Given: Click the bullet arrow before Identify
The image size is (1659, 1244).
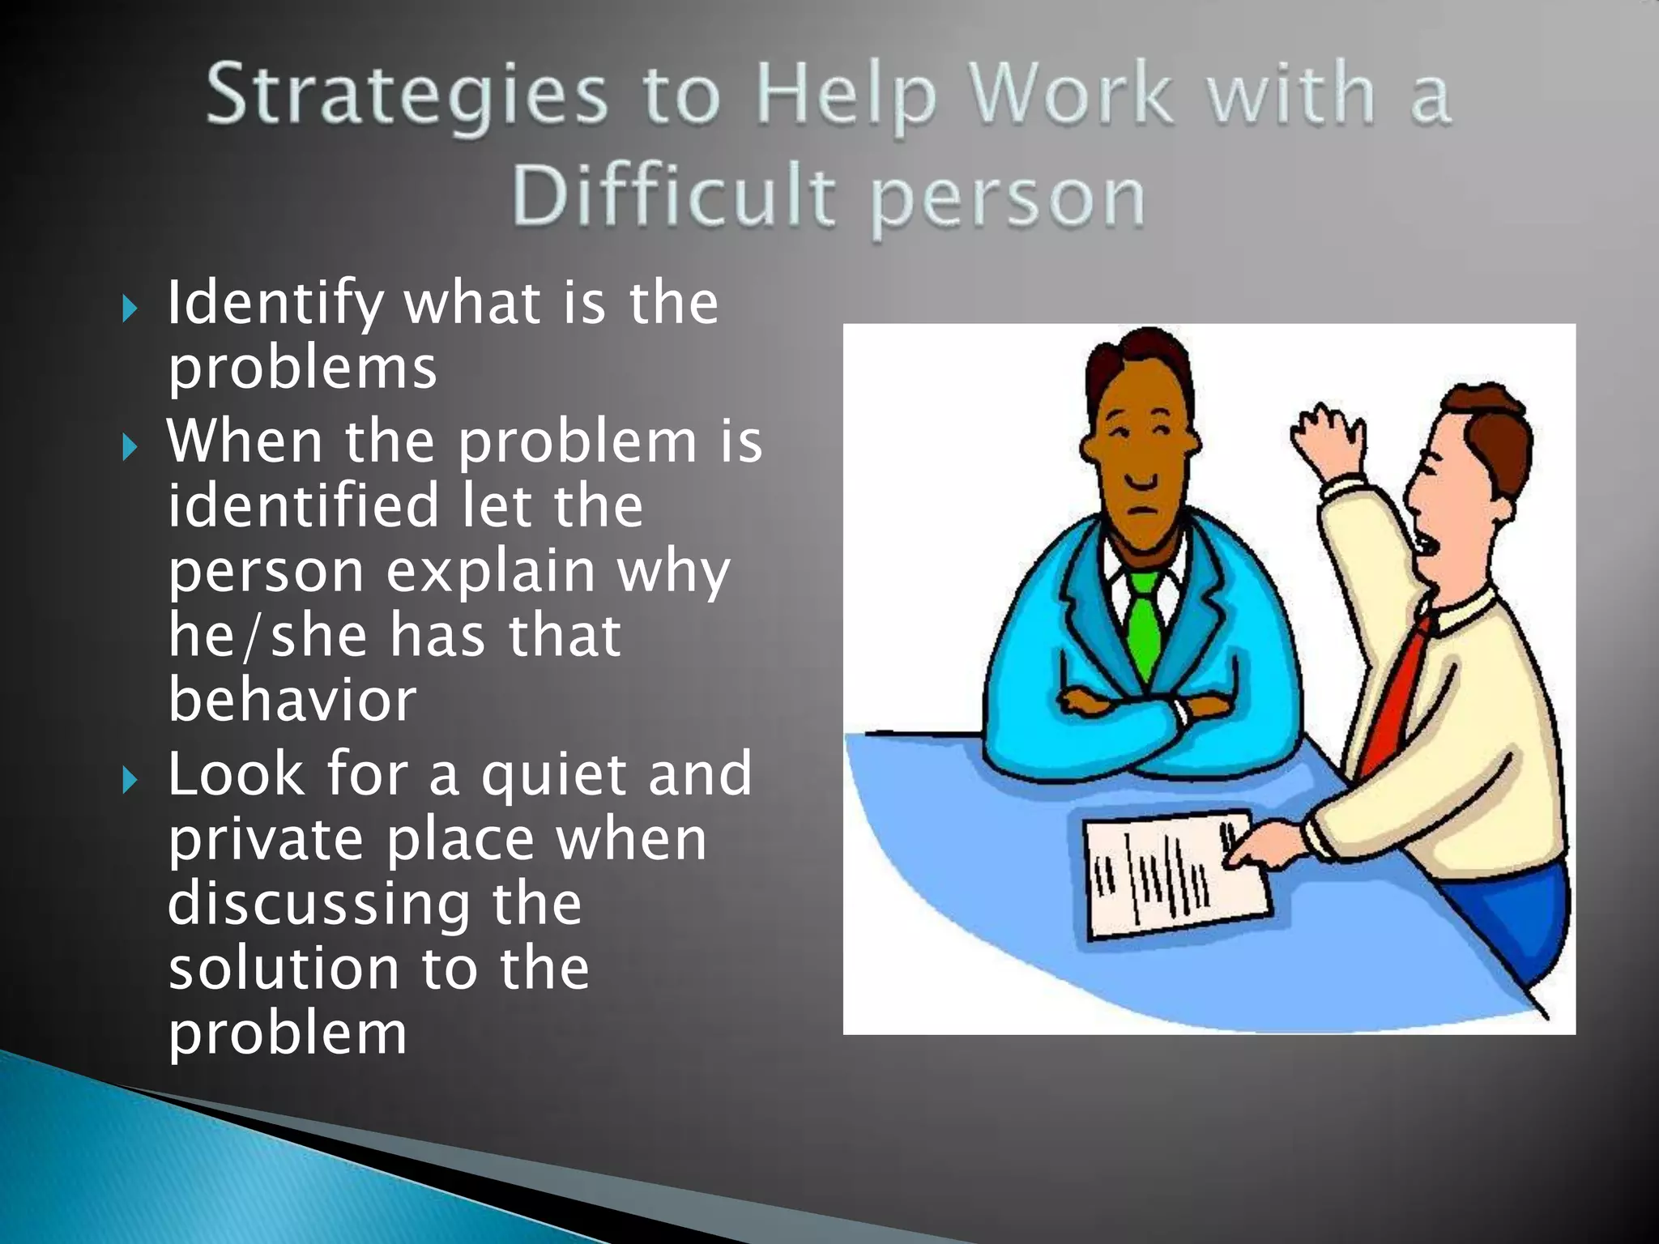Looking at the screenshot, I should [130, 309].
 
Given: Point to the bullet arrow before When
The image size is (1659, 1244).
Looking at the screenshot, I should [130, 446].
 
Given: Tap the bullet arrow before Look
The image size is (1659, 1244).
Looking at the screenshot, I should [130, 781].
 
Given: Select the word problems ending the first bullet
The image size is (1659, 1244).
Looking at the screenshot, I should [302, 369].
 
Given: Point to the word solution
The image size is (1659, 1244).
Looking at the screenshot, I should [283, 969].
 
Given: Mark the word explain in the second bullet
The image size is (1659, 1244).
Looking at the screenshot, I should [491, 571].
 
